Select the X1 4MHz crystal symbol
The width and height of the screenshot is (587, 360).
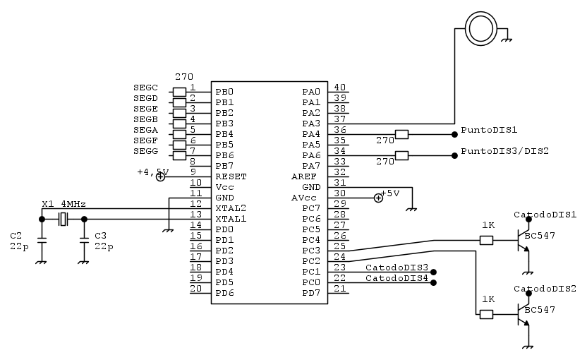pos(63,220)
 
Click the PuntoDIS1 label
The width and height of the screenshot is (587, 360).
pos(489,131)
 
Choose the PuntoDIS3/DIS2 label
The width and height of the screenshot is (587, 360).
pos(504,152)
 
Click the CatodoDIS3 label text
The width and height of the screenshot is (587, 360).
pos(397,268)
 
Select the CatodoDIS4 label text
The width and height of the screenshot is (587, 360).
pos(397,278)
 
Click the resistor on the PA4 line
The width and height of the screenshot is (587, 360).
pos(402,134)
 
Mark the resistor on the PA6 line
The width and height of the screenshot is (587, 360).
pos(402,155)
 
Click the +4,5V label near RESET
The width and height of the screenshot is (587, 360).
pos(152,172)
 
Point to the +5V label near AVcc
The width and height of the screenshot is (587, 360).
pos(390,193)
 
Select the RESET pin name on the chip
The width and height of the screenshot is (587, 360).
pos(231,176)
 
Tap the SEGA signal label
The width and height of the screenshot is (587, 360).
pos(145,130)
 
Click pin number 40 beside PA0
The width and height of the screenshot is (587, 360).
pos(339,88)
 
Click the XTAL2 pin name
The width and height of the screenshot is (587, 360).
pos(231,208)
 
